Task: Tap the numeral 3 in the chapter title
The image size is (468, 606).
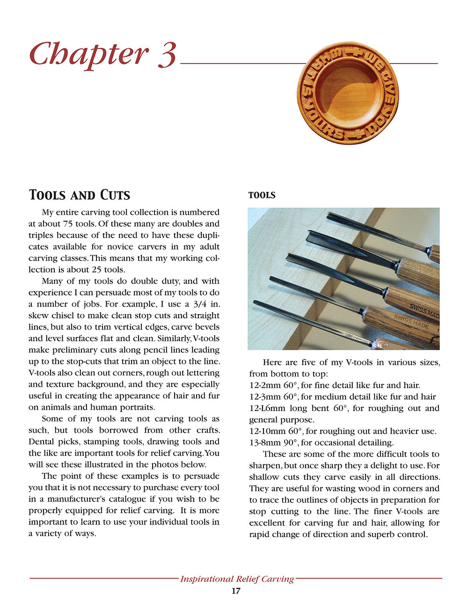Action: pos(167,54)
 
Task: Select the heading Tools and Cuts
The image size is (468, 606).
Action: pos(80,195)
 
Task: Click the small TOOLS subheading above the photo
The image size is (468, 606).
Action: pos(262,195)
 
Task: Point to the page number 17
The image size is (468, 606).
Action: pos(236,591)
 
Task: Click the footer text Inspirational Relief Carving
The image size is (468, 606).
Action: pos(237,579)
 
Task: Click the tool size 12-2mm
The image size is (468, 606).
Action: pos(265,385)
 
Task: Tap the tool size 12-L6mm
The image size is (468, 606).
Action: pos(267,408)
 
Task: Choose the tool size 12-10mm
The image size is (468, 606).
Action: pos(268,431)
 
